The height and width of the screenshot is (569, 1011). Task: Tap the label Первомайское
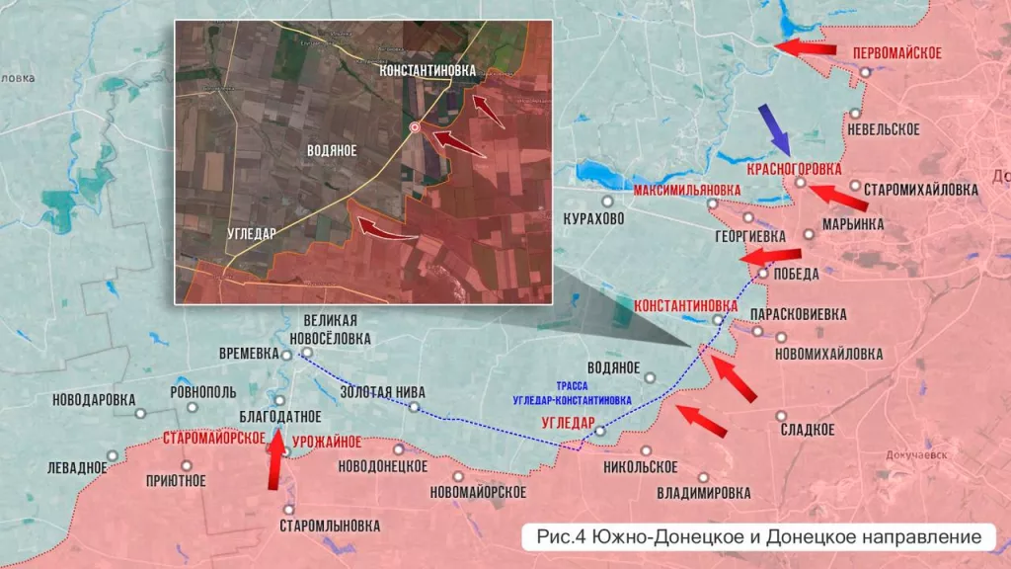tap(895, 52)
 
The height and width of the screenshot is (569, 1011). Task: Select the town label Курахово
tap(593, 218)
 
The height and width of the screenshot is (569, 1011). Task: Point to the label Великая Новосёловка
tap(337, 329)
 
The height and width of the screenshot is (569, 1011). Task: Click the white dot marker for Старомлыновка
tap(287, 509)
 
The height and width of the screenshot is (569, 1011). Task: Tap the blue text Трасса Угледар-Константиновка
tap(573, 394)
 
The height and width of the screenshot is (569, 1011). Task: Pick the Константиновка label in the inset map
tap(428, 71)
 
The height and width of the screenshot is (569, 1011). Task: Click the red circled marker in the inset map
tap(416, 127)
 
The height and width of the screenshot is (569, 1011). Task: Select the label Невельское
tap(884, 129)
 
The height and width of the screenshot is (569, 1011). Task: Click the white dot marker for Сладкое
tap(781, 416)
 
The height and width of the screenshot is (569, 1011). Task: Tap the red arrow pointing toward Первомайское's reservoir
tap(806, 47)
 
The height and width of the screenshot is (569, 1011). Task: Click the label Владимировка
tap(704, 492)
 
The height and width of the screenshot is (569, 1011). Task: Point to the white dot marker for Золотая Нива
tap(416, 407)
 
